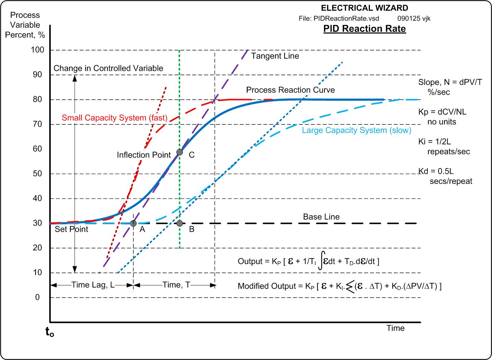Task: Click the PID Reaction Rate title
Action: [x=364, y=29]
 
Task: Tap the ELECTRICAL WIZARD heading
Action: [x=364, y=8]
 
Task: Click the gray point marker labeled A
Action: [x=134, y=223]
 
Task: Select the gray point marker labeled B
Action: [x=179, y=223]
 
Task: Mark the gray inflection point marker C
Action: [x=179, y=152]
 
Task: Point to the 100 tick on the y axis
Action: [x=38, y=50]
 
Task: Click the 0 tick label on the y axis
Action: [x=38, y=297]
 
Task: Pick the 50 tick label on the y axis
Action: [x=38, y=174]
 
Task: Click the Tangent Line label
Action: [x=275, y=56]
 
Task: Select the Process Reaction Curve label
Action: [x=290, y=90]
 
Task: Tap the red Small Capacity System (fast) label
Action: [x=115, y=118]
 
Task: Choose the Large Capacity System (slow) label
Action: [x=356, y=130]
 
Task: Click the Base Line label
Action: [x=321, y=217]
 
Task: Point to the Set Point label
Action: [x=71, y=229]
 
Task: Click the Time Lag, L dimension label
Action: [x=93, y=285]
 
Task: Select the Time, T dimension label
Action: [x=176, y=285]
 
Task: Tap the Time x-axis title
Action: [x=395, y=328]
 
